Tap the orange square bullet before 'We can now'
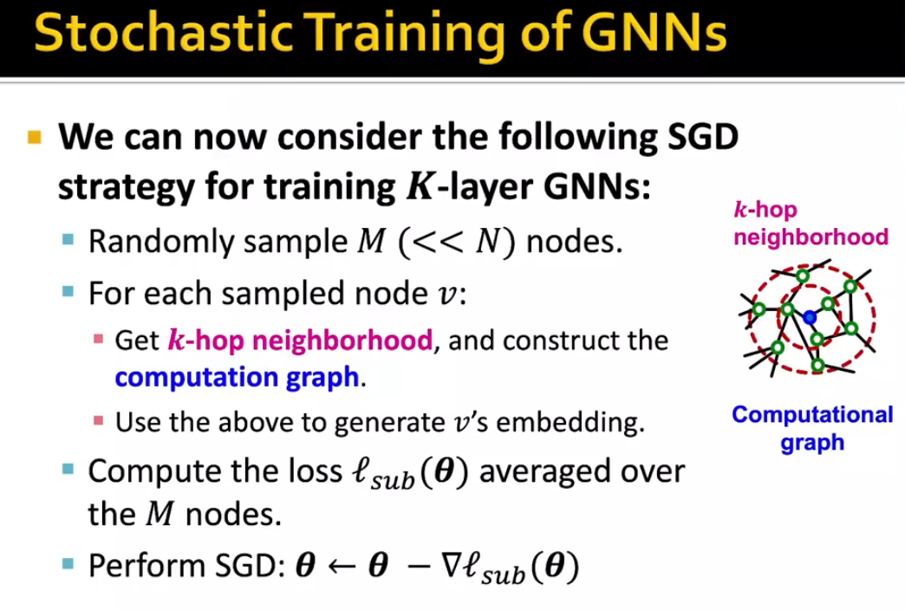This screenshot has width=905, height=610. pos(35,138)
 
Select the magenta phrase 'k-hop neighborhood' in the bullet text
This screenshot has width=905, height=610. pos(299,340)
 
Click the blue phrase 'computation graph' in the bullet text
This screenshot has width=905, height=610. pos(237,377)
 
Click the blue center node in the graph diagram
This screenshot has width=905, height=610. pos(809,317)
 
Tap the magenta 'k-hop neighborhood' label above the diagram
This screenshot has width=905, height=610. pos(810,224)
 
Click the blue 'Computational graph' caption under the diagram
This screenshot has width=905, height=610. pos(811,428)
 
